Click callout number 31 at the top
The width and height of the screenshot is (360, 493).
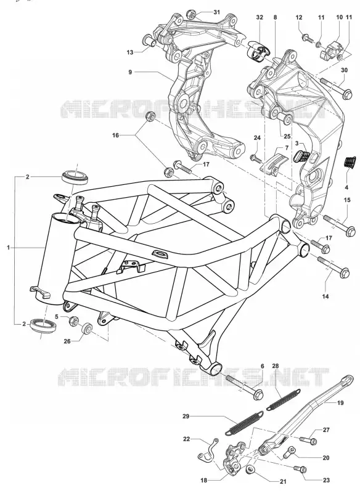pyautogui.click(x=216, y=12)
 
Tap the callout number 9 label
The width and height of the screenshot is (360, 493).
pyautogui.click(x=130, y=72)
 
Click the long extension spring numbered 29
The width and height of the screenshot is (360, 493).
pyautogui.click(x=245, y=423)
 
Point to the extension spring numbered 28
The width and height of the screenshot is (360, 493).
pyautogui.click(x=284, y=399)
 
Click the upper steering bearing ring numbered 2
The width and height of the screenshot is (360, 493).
pyautogui.click(x=76, y=176)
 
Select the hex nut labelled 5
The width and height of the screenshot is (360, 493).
pyautogui.click(x=74, y=321)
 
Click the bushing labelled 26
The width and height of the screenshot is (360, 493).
pyautogui.click(x=87, y=328)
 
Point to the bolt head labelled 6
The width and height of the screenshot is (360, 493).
pyautogui.click(x=258, y=394)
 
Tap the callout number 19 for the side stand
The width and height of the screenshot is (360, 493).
pyautogui.click(x=340, y=402)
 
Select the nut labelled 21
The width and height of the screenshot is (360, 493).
pyautogui.click(x=251, y=470)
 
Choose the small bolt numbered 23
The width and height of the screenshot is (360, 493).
pyautogui.click(x=300, y=469)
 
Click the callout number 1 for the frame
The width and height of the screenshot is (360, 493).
pyautogui.click(x=9, y=248)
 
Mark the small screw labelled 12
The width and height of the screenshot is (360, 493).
pyautogui.click(x=308, y=39)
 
